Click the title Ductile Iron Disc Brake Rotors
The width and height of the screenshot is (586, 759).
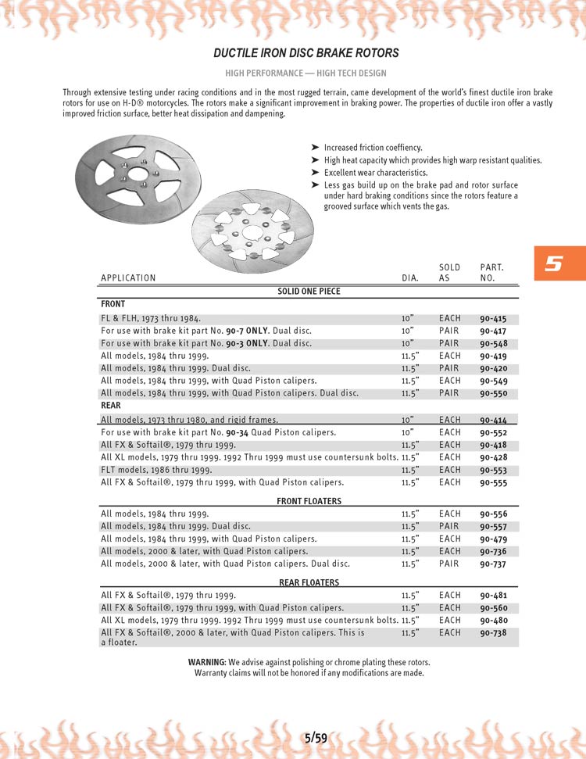(306, 53)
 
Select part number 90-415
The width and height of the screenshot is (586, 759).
(493, 319)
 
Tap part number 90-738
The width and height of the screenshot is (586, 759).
(493, 633)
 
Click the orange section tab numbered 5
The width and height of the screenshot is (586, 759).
(553, 264)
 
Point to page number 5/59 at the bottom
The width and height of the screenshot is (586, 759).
(316, 737)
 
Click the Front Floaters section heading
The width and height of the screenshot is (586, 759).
(309, 501)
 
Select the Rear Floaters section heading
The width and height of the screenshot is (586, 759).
(309, 582)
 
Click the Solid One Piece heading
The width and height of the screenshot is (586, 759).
(309, 292)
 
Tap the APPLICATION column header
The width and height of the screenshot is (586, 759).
(128, 278)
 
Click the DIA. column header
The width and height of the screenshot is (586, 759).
(410, 278)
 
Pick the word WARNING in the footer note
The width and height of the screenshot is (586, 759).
(207, 662)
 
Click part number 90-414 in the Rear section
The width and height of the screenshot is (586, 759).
(493, 421)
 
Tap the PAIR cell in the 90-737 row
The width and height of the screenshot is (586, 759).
(449, 564)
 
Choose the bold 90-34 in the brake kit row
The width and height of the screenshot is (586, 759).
(238, 432)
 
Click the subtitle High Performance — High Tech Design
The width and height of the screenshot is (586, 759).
(306, 73)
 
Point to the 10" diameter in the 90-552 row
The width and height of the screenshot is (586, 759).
(407, 432)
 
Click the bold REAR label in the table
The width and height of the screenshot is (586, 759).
(111, 406)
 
